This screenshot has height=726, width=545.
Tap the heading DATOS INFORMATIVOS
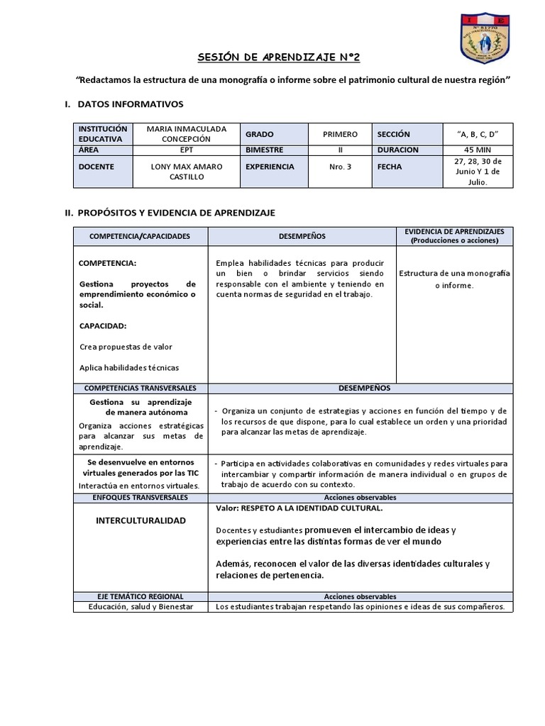click(130, 104)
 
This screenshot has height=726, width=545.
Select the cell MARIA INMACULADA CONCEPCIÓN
click(186, 133)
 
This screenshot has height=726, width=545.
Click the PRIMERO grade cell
click(340, 134)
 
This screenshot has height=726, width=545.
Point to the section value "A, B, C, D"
click(478, 134)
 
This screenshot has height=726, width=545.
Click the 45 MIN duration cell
click(478, 150)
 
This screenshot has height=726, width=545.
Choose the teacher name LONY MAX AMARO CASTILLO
click(187, 172)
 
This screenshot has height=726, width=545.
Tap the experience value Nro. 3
click(340, 167)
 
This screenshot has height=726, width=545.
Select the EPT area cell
click(187, 150)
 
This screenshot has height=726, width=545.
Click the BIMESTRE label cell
click(265, 150)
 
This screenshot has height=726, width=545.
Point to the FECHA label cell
click(390, 167)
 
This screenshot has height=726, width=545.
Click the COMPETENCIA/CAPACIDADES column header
click(140, 236)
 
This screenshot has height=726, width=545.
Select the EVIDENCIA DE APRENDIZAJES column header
click(454, 236)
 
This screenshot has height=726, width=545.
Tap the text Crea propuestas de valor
click(126, 347)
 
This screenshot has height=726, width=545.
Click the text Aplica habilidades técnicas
click(129, 368)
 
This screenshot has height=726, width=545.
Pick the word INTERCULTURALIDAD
click(141, 520)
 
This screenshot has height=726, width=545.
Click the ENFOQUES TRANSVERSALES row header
click(140, 498)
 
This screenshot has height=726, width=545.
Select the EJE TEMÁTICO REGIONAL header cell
click(140, 597)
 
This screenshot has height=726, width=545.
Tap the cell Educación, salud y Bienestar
click(140, 607)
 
